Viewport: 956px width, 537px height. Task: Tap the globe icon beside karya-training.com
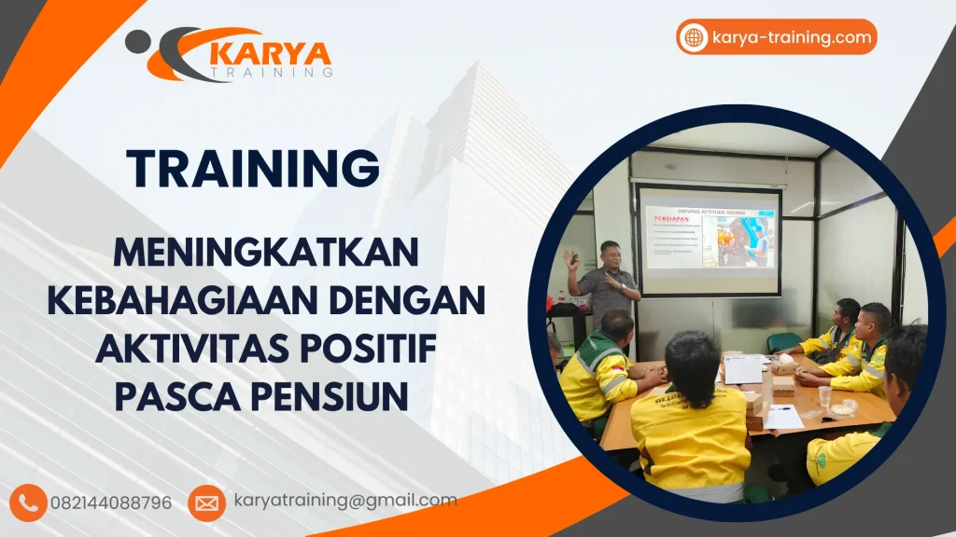[x=695, y=37]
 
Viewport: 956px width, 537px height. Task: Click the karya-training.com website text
[x=791, y=37]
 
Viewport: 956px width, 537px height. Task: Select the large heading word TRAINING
[x=253, y=169]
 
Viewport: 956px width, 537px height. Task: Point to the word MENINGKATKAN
[x=265, y=253]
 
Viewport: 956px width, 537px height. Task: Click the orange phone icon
[x=29, y=503]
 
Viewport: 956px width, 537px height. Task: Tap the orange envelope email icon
[x=206, y=503]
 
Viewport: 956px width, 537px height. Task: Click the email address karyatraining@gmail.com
[x=345, y=501]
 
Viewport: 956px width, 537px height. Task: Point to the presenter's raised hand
[x=570, y=257]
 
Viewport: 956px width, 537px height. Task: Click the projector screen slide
[x=709, y=240]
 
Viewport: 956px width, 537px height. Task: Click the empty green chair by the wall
[x=782, y=341]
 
